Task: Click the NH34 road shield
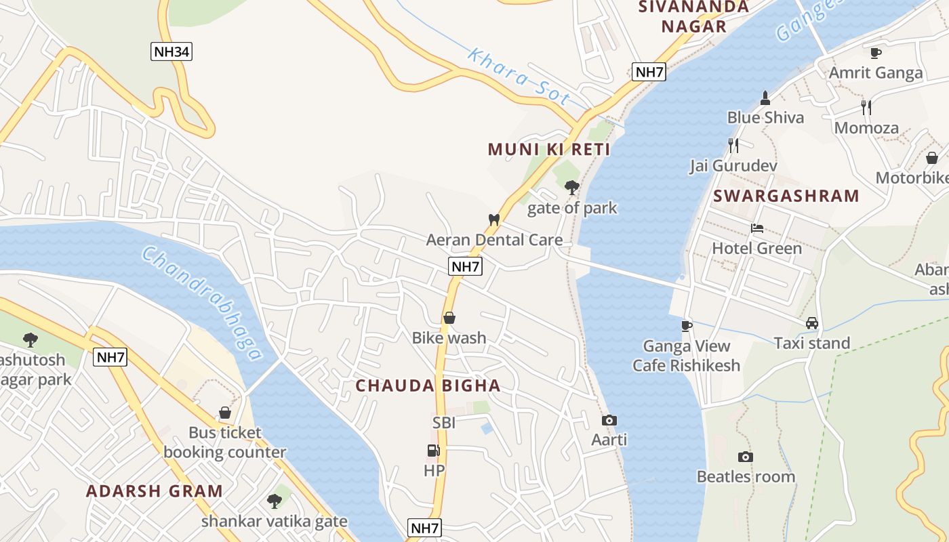(171, 51)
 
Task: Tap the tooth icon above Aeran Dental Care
(494, 220)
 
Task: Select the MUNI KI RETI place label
(549, 150)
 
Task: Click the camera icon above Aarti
(609, 421)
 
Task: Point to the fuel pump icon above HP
(433, 451)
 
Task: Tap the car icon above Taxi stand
(812, 324)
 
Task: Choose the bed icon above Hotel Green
(756, 229)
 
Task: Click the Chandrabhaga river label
(202, 303)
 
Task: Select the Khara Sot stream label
(519, 77)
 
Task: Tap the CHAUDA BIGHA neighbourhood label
(428, 386)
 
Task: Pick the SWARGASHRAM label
(786, 196)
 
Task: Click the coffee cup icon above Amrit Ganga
(876, 53)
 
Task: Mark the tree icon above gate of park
(572, 188)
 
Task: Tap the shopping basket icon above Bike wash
(449, 318)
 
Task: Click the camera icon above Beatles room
(746, 457)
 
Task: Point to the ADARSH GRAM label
(155, 492)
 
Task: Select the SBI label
(444, 423)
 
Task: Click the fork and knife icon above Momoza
(866, 108)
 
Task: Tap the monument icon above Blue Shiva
(765, 98)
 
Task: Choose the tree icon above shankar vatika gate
(274, 501)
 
